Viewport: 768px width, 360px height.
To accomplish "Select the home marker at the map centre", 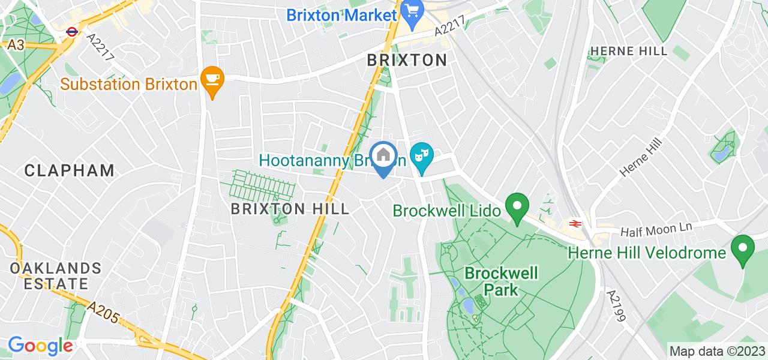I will point(383,157).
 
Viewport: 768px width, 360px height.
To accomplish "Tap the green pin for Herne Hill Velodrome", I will point(743,251).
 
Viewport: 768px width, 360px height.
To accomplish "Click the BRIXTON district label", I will point(407,60).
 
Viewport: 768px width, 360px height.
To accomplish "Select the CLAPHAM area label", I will point(70,170).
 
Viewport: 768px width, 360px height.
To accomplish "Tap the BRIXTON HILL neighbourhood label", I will point(290,209).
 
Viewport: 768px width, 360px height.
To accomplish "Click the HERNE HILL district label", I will point(629,51).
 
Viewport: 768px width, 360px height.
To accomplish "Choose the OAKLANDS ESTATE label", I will point(55,275).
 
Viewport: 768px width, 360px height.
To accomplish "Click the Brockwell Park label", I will point(502,281).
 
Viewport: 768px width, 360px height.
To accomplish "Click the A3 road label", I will point(16,45).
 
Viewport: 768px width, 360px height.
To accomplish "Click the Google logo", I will point(40,346).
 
